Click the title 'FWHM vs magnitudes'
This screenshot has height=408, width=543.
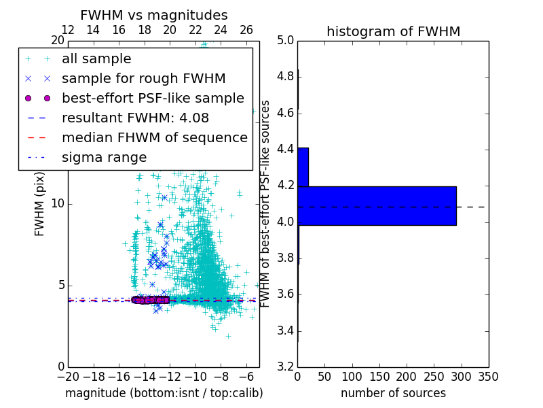click(x=154, y=15)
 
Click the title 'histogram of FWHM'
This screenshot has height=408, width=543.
click(x=393, y=31)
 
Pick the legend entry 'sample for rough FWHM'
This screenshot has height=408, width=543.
click(x=143, y=78)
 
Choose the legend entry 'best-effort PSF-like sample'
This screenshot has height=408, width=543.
click(x=153, y=98)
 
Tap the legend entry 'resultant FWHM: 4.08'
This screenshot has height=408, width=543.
click(x=135, y=118)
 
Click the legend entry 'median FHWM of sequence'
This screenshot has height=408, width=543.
click(x=154, y=137)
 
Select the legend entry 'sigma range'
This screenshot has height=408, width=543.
click(x=104, y=157)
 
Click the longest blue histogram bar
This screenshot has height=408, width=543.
click(x=377, y=205)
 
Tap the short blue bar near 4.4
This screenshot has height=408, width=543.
click(x=303, y=167)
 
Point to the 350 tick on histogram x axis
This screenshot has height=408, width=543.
click(x=488, y=377)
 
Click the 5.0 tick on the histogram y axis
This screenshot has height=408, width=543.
click(x=285, y=40)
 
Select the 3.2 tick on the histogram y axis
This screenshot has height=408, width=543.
click(x=285, y=367)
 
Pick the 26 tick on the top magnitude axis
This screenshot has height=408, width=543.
click(x=246, y=30)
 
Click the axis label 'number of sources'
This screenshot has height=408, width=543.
click(x=393, y=393)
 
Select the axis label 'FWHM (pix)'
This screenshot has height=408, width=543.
click(x=40, y=204)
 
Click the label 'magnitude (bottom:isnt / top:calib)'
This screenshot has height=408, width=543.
click(x=164, y=393)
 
